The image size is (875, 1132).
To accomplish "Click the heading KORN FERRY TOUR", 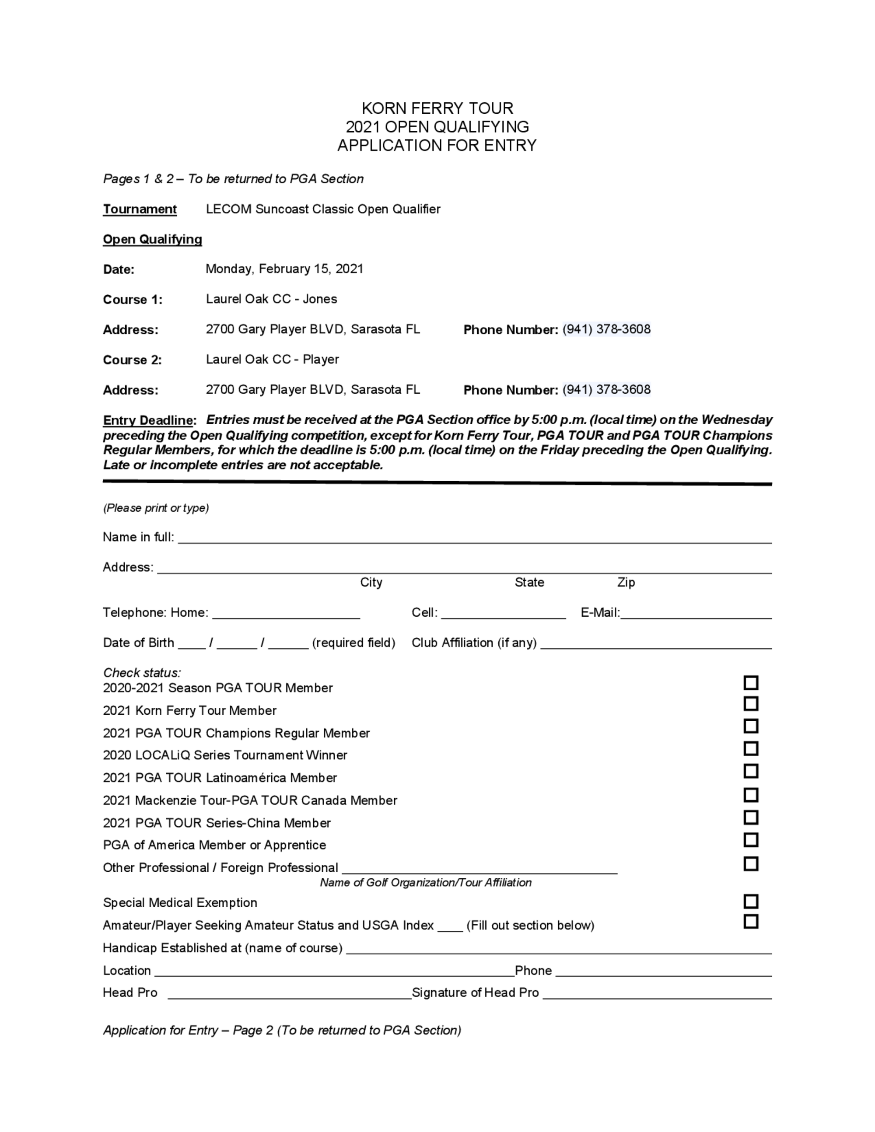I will [437, 108].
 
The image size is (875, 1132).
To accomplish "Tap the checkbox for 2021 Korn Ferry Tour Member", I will [751, 704].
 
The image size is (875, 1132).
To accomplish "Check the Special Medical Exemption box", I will [751, 901].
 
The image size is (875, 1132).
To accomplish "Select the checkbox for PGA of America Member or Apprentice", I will [751, 840].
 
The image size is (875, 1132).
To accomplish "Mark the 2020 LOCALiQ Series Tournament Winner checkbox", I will [751, 748].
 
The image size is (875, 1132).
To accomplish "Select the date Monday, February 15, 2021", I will [284, 269].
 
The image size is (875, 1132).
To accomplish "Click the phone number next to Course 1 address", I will [606, 330].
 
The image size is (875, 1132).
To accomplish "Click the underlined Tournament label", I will [140, 210].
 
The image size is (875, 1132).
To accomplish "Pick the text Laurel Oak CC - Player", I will [272, 360].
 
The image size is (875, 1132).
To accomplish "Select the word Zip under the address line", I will [626, 583].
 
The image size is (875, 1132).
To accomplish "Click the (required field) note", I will [353, 643].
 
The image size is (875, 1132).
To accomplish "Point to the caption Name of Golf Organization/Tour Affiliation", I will [426, 883].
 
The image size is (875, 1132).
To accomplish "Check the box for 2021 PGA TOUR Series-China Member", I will [751, 818].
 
